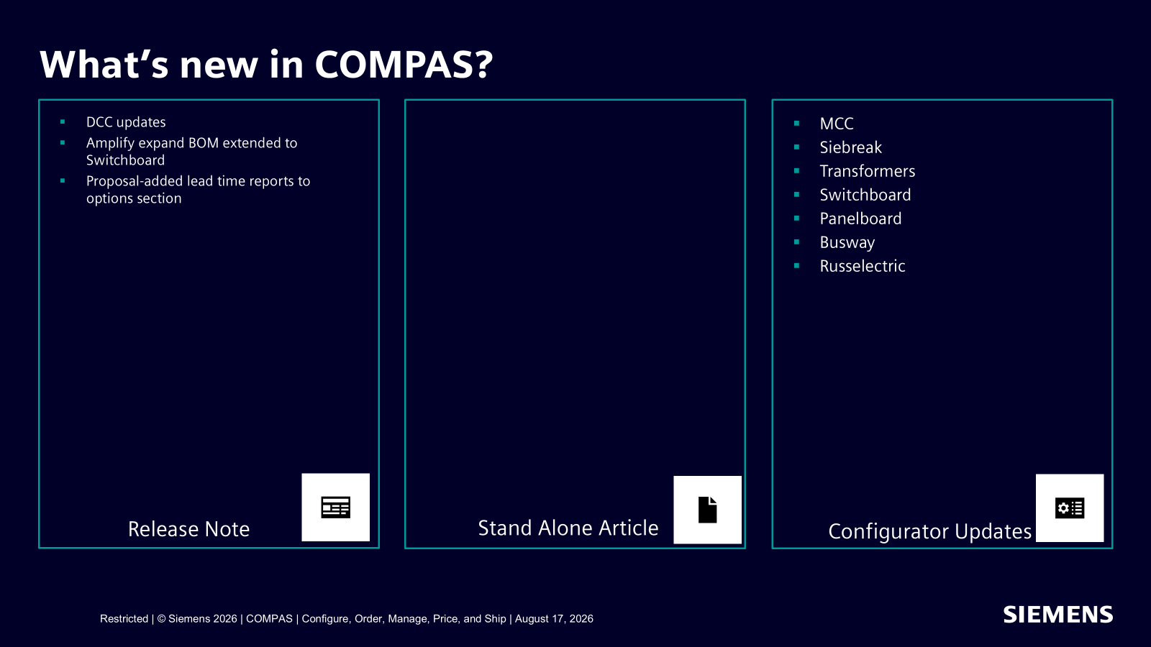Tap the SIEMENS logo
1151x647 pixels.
[1058, 615]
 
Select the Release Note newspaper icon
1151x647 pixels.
[335, 508]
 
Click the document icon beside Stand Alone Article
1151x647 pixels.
[708, 510]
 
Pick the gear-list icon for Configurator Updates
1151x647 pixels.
[1070, 508]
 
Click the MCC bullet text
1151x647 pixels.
[837, 124]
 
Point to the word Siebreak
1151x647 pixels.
[850, 147]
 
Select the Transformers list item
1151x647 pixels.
[868, 171]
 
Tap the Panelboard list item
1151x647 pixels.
[860, 219]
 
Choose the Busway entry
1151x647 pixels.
[847, 242]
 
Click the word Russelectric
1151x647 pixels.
[863, 266]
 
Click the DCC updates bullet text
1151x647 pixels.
[126, 122]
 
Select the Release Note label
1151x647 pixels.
[188, 529]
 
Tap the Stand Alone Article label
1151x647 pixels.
[568, 528]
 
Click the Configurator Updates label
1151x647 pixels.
[930, 531]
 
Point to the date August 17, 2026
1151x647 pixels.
[554, 619]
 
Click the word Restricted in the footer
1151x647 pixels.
[124, 619]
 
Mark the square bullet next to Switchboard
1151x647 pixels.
[797, 195]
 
